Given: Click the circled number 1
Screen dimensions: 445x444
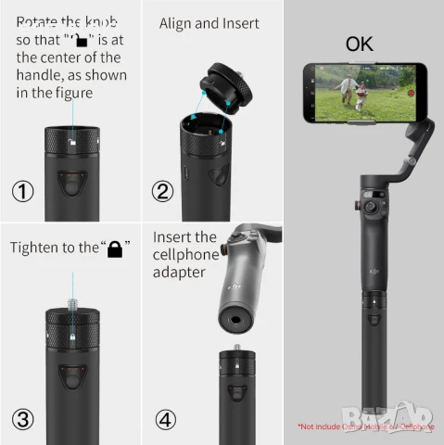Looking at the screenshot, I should click(23, 192).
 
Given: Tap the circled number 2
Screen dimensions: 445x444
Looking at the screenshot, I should click(164, 192).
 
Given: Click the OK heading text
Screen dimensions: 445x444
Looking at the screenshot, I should click(362, 44).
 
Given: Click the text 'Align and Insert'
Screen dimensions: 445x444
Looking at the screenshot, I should click(209, 23).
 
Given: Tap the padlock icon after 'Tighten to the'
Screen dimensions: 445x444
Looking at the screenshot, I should click(116, 248).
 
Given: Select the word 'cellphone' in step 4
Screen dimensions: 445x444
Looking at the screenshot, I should click(185, 255).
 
